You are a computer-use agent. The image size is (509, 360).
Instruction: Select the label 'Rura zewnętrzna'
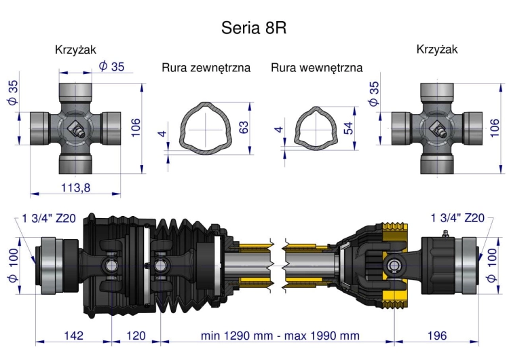[x=206, y=68]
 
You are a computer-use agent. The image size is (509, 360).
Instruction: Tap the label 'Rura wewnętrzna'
[x=316, y=68]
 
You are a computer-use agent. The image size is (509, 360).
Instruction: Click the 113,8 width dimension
[x=75, y=188]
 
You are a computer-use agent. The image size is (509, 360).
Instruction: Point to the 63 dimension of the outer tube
[x=244, y=128]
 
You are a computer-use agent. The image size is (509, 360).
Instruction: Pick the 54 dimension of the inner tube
[x=349, y=128]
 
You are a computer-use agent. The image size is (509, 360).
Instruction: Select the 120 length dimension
[x=136, y=336]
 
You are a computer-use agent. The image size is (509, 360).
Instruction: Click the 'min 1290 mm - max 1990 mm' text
[x=280, y=336]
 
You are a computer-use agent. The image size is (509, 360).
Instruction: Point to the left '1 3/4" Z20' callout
[x=49, y=218]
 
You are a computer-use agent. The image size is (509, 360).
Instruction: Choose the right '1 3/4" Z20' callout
[x=457, y=218]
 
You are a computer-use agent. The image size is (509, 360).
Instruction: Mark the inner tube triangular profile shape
[x=316, y=127]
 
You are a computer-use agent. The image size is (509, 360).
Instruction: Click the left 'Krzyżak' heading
[x=75, y=50]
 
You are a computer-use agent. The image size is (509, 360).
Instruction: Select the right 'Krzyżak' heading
[x=437, y=50]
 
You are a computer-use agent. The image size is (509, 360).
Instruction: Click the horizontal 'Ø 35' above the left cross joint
[x=111, y=66]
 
